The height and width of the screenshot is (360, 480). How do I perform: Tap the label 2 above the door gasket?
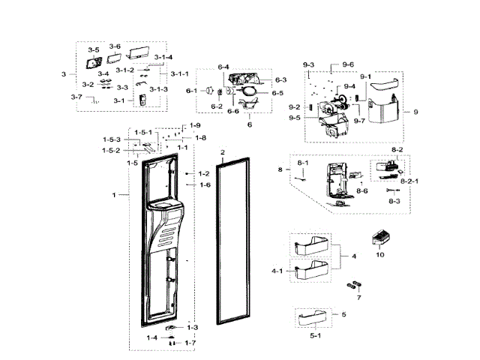pos(222,152)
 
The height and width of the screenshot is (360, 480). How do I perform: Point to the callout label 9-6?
pos(348,64)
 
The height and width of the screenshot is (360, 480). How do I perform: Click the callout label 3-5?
pos(93,49)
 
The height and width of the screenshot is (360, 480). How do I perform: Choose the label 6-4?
pos(223,68)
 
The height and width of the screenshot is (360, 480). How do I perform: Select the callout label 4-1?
pos(277,271)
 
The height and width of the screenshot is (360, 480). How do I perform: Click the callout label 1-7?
pos(190,343)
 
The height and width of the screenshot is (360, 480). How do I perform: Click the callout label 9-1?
pos(365,77)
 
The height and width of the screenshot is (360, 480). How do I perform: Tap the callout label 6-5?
pos(277,93)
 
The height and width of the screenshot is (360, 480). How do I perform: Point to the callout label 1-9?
pos(195,125)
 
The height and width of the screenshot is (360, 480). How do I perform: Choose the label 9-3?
pos(309,64)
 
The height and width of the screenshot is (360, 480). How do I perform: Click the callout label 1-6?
pos(205,184)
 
